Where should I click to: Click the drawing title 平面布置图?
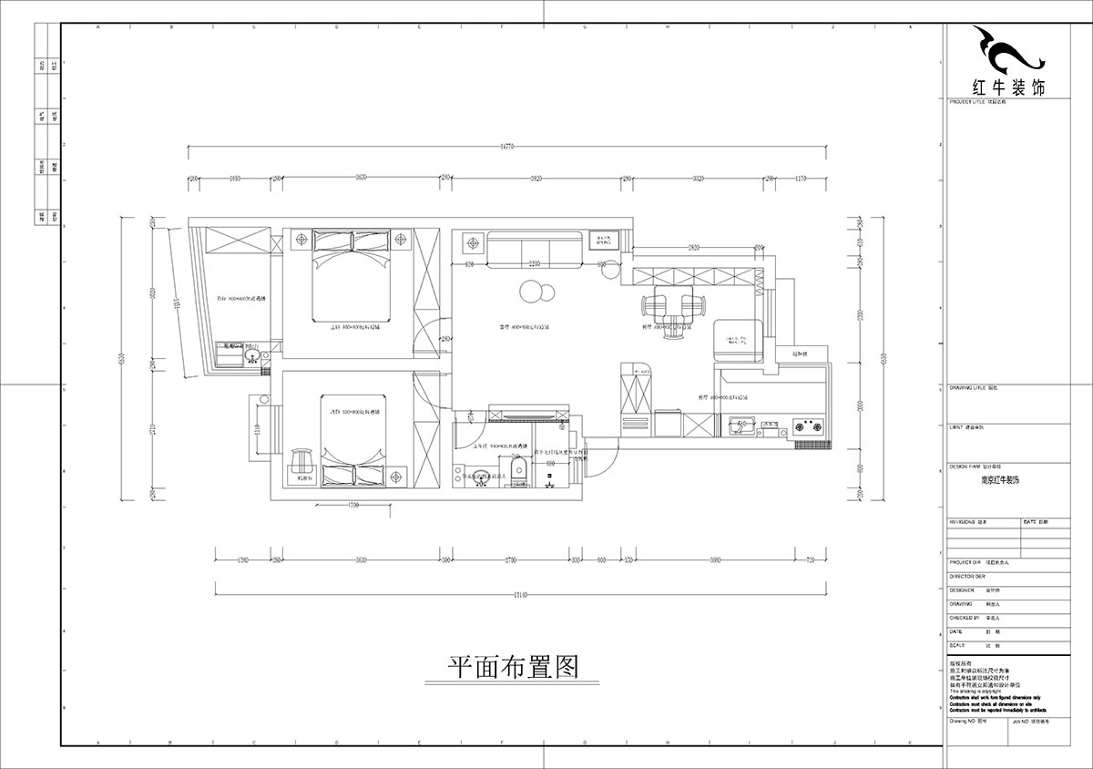point(514,668)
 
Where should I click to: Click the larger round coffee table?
point(530,292)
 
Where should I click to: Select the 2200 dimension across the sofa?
point(534,264)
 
